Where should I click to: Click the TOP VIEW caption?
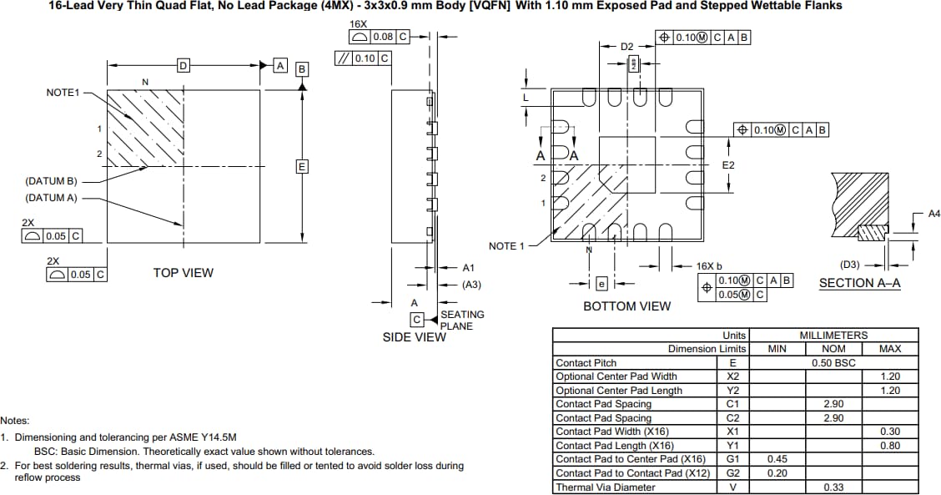[183, 273]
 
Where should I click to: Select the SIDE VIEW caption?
[414, 337]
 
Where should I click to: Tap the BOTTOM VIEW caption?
[626, 306]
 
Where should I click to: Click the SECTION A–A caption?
[859, 283]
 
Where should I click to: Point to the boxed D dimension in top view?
[183, 65]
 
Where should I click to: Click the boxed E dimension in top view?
[302, 167]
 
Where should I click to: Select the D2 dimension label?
[628, 47]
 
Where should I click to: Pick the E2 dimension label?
[727, 165]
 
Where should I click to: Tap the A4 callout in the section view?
[934, 215]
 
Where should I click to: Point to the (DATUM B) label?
[51, 181]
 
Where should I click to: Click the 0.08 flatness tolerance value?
[383, 37]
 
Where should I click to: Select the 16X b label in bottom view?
[708, 265]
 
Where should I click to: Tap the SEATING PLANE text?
[462, 320]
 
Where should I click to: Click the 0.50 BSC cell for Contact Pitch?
[833, 363]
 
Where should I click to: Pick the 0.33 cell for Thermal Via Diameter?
[833, 487]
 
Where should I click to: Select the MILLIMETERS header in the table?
[833, 335]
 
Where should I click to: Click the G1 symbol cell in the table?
[732, 459]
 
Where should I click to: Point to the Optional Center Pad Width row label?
[616, 376]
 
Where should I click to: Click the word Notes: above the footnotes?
[15, 421]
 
